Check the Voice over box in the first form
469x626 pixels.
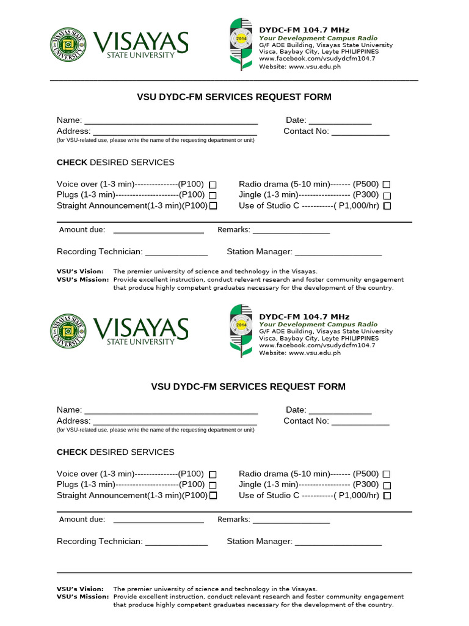(213, 184)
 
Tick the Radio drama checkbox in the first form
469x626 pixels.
(387, 184)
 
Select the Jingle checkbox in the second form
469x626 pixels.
(387, 485)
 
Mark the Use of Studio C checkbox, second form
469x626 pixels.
(387, 496)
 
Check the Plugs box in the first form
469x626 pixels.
(213, 195)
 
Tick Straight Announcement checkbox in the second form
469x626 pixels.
(213, 496)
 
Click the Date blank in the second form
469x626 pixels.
(340, 411)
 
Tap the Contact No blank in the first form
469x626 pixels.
(360, 132)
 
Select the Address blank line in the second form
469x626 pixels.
(175, 422)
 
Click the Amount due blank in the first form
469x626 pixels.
(158, 230)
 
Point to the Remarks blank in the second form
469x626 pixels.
(291, 520)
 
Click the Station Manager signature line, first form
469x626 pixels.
(338, 252)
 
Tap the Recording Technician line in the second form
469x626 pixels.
(176, 542)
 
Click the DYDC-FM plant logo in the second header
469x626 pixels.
(240, 330)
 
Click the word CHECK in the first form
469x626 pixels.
(72, 163)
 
